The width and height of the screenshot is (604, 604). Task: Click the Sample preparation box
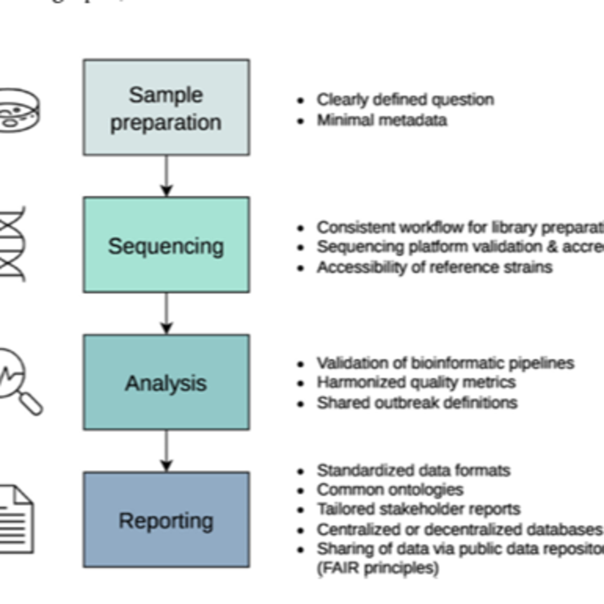(x=166, y=107)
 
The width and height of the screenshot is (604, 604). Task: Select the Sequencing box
(x=166, y=245)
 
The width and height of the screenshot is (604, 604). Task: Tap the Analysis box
(x=166, y=382)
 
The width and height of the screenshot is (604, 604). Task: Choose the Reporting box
(x=166, y=520)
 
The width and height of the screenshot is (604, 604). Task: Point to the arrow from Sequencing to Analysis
(x=166, y=313)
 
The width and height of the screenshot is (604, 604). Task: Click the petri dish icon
(x=17, y=110)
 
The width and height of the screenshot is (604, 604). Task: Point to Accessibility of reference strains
(x=434, y=267)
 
